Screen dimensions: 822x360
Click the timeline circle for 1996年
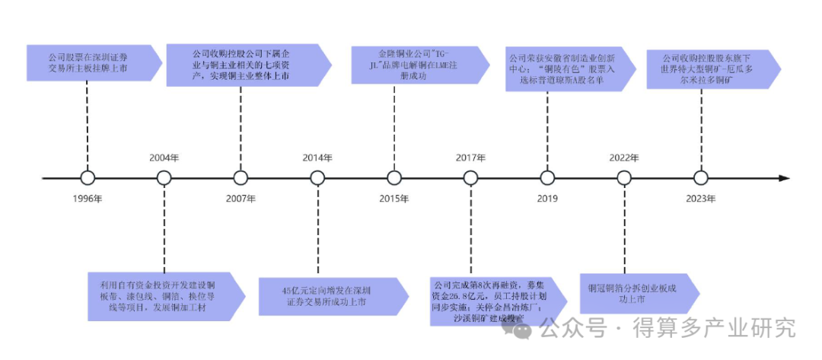coord(88,178)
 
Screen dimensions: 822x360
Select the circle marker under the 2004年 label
coord(164,178)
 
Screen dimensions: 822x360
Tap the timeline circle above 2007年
coord(241,178)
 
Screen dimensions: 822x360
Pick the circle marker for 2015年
coord(394,178)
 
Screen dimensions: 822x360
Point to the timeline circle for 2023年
coord(701,178)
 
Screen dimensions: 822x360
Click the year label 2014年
coord(317,158)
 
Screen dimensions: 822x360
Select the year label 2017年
coord(471,158)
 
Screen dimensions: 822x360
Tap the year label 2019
coord(548,199)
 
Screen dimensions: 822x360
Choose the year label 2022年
coord(624,158)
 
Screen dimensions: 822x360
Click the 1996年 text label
coord(88,199)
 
